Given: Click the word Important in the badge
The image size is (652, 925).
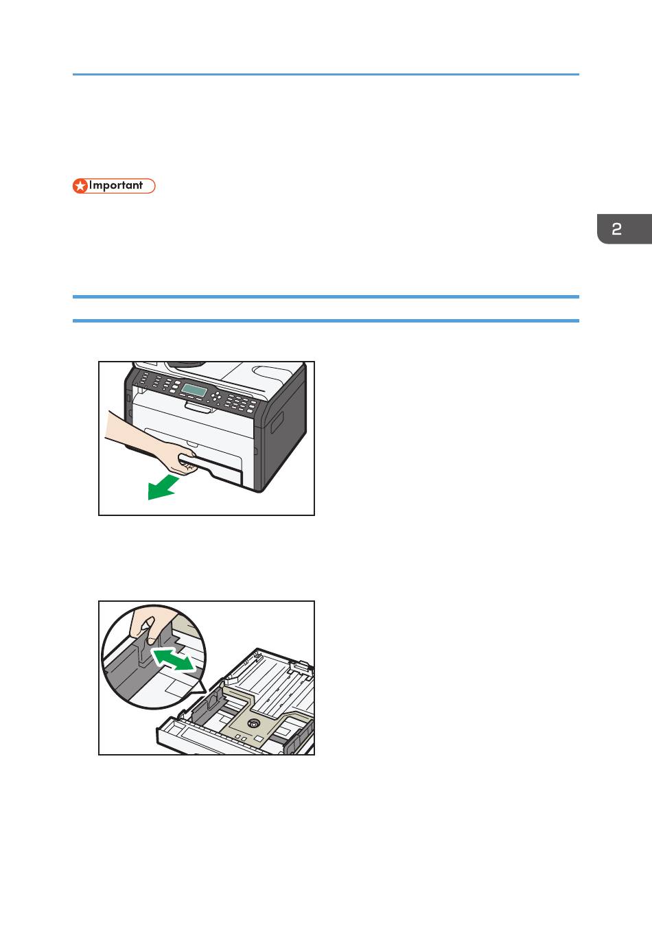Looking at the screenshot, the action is [116, 185].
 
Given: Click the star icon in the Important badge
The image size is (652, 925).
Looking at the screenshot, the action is [80, 186].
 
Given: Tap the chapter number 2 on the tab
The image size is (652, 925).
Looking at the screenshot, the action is [616, 229].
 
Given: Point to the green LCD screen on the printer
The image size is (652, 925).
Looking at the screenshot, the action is [194, 390].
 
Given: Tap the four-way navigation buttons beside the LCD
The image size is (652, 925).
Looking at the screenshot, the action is [216, 397].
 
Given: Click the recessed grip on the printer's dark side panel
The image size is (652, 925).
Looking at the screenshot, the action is [277, 422].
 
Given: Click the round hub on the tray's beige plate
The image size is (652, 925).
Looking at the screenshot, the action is [253, 723].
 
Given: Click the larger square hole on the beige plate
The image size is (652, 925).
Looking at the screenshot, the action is [259, 739].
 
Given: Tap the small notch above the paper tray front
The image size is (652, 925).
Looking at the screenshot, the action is [192, 445].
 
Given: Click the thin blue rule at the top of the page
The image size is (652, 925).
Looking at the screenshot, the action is [326, 75].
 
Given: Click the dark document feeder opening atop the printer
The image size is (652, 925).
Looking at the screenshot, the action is [185, 364].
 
